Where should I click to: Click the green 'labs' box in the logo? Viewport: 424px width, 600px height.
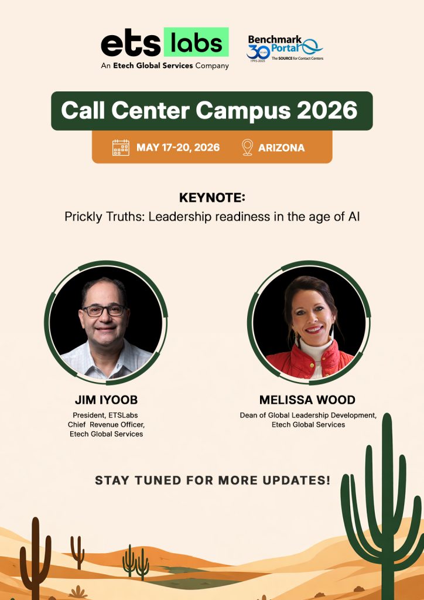pyautogui.click(x=196, y=43)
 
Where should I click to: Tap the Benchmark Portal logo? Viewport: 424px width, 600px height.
pyautogui.click(x=285, y=47)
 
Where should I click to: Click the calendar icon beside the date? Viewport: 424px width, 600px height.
pyautogui.click(x=121, y=147)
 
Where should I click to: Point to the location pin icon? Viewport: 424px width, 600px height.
pyautogui.click(x=247, y=147)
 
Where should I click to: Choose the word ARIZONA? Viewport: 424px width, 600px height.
pyautogui.click(x=281, y=148)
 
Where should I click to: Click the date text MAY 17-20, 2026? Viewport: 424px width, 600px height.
pyautogui.click(x=178, y=147)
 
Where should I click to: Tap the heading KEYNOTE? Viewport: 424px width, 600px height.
pyautogui.click(x=211, y=197)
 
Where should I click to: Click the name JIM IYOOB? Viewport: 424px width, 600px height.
pyautogui.click(x=106, y=400)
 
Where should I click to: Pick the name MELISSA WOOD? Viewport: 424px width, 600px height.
pyautogui.click(x=307, y=400)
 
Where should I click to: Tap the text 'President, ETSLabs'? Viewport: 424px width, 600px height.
pyautogui.click(x=106, y=415)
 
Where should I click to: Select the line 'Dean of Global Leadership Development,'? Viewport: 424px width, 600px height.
pyautogui.click(x=308, y=415)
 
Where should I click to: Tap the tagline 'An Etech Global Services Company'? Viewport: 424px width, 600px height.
pyautogui.click(x=165, y=66)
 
